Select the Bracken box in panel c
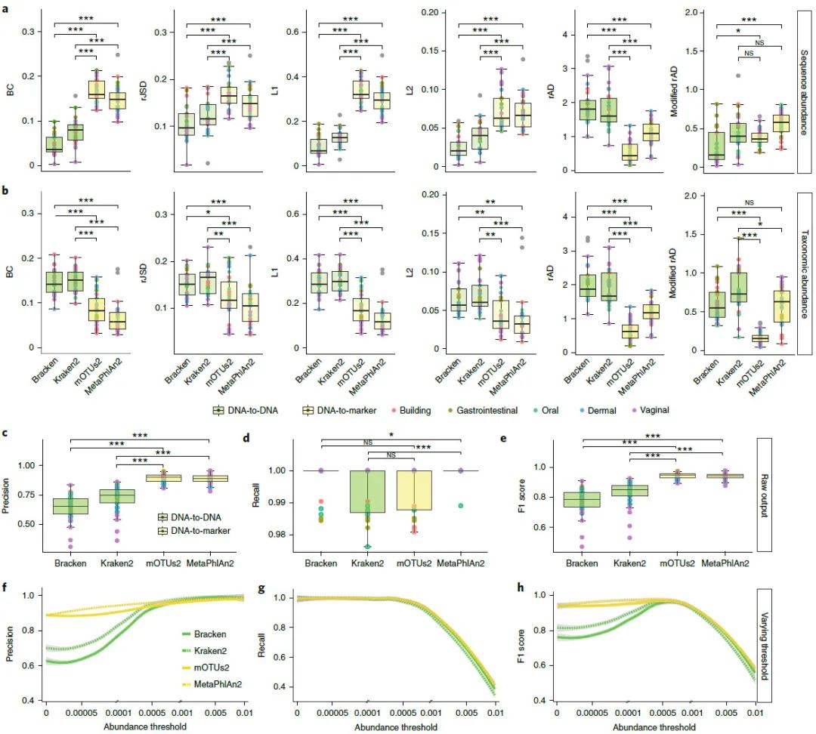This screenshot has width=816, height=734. (70, 506)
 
